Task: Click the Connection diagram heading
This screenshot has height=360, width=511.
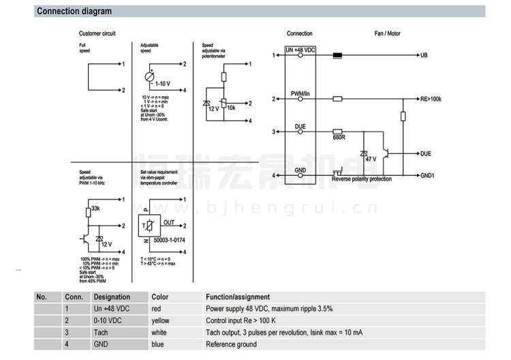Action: click(74, 12)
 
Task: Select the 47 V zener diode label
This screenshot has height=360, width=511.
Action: click(371, 158)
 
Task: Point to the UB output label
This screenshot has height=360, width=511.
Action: click(424, 55)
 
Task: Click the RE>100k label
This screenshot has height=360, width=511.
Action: click(431, 100)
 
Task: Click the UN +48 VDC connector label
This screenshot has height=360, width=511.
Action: click(300, 50)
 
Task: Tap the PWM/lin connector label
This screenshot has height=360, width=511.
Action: click(300, 93)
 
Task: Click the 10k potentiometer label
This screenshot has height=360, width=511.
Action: click(232, 108)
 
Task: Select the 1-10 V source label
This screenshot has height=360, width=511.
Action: click(162, 84)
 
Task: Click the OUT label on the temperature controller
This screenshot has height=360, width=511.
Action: click(169, 222)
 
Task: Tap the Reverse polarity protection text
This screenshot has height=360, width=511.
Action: click(362, 179)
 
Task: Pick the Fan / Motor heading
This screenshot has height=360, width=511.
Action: click(388, 33)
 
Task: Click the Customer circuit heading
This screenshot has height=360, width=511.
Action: click(97, 33)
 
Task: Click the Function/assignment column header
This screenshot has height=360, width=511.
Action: click(238, 297)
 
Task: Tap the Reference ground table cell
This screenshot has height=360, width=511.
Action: click(232, 344)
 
